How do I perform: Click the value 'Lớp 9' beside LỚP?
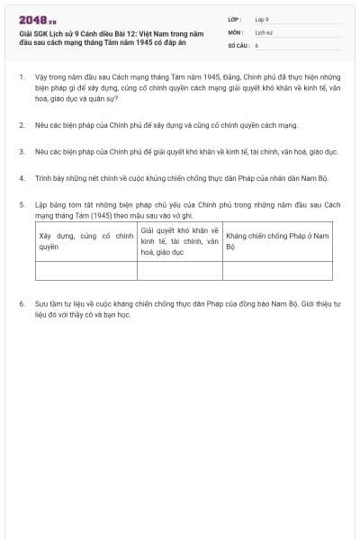coord(262,19)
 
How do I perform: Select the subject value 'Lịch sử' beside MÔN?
coord(264,31)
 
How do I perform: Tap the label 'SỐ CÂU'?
coord(238,44)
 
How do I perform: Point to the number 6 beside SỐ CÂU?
coord(256,44)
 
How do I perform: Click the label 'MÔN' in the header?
coord(235,31)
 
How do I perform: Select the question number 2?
coord(21,126)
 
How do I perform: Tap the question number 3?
coord(21,153)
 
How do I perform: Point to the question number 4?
coord(21,178)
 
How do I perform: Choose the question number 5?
coord(21,205)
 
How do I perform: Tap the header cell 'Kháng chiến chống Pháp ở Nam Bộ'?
coord(277,240)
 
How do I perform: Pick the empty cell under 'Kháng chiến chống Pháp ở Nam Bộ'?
coord(277,270)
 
